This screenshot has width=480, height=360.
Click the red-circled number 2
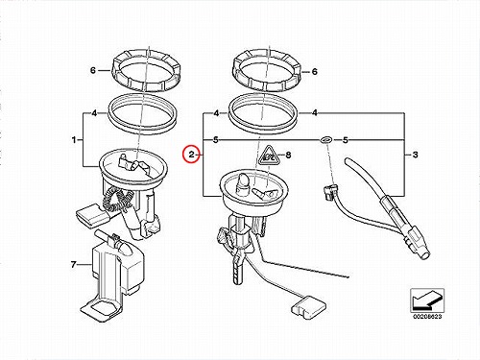point(191,155)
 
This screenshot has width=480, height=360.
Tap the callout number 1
point(74,140)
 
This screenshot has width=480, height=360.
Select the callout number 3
point(415,155)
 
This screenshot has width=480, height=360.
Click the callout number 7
point(74,265)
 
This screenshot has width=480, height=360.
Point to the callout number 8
point(288,156)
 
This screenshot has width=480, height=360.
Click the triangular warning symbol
point(268,156)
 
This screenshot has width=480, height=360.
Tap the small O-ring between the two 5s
point(326,140)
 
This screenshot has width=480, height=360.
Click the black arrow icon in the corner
point(427,300)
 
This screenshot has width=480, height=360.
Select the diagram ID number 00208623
point(427,317)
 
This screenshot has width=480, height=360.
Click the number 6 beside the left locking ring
point(93,70)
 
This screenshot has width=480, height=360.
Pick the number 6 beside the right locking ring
point(314,72)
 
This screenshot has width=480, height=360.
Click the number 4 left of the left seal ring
point(94,113)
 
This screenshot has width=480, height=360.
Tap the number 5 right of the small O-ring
point(346,140)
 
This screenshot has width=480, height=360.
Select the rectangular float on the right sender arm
point(309,306)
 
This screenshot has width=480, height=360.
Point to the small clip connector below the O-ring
point(329,191)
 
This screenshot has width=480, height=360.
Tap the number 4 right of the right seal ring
point(315,113)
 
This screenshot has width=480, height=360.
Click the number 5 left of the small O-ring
point(216,140)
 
